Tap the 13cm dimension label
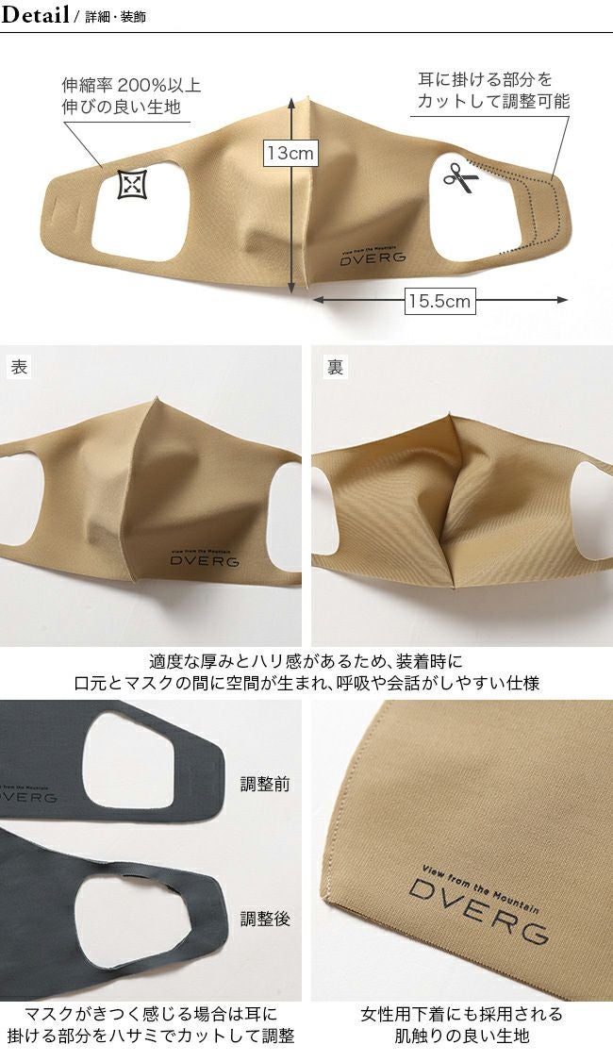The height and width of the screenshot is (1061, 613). click(x=290, y=153)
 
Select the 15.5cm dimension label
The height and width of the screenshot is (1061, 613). click(x=439, y=301)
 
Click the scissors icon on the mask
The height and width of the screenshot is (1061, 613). click(x=461, y=177)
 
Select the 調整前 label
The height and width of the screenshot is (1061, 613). click(x=265, y=784)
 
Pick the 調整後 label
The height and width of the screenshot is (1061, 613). click(x=265, y=919)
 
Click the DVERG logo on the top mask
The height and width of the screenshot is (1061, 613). click(x=373, y=255)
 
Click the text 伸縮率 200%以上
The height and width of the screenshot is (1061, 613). click(x=131, y=85)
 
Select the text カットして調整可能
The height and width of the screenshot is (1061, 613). click(x=493, y=102)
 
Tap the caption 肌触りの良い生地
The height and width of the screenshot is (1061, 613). click(x=462, y=1036)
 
